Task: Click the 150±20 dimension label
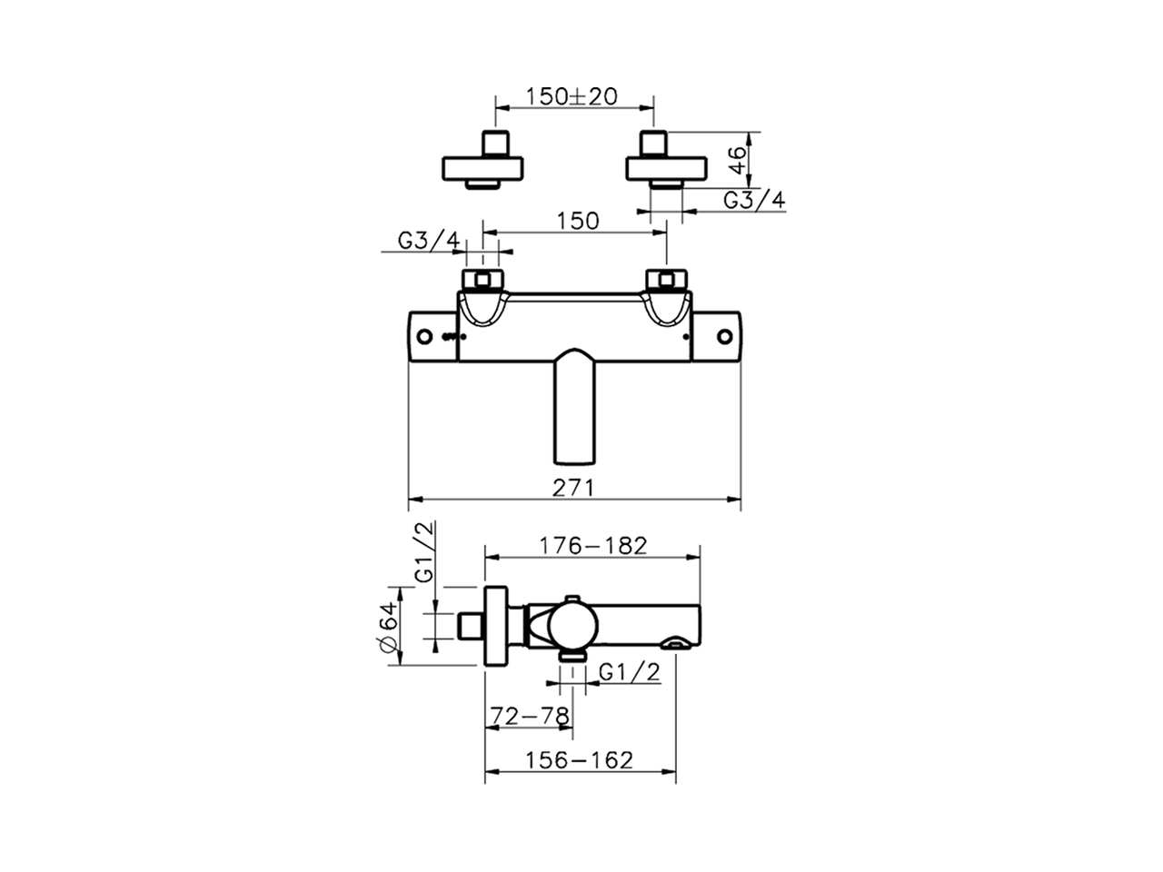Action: coord(572,95)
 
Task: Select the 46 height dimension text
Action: coord(738,161)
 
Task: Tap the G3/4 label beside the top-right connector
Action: coord(753,200)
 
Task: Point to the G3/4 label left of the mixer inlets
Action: coord(429,240)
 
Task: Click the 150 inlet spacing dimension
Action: coord(577,221)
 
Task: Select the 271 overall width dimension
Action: coord(573,487)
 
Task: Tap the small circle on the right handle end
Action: coord(724,337)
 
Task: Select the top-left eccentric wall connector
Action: coord(483,164)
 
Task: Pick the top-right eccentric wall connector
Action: coord(666,164)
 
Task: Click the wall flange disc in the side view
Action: coord(496,626)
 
